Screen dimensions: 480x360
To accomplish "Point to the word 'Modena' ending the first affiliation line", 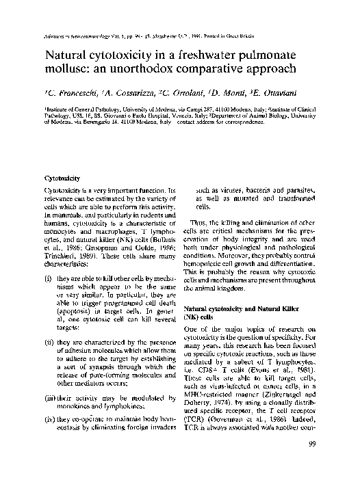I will pos(297,109).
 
